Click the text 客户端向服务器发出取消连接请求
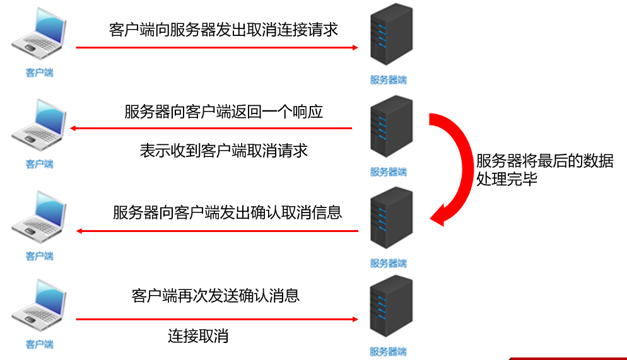(224, 30)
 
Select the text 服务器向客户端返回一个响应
(224, 112)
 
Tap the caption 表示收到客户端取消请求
(224, 151)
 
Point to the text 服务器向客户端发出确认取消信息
(227, 212)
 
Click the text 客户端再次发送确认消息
(216, 295)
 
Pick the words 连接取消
(198, 336)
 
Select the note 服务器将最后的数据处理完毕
(544, 170)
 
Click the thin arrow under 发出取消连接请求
(217, 47)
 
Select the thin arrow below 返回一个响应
(211, 129)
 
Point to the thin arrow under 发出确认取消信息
(217, 231)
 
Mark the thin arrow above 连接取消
(217, 320)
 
